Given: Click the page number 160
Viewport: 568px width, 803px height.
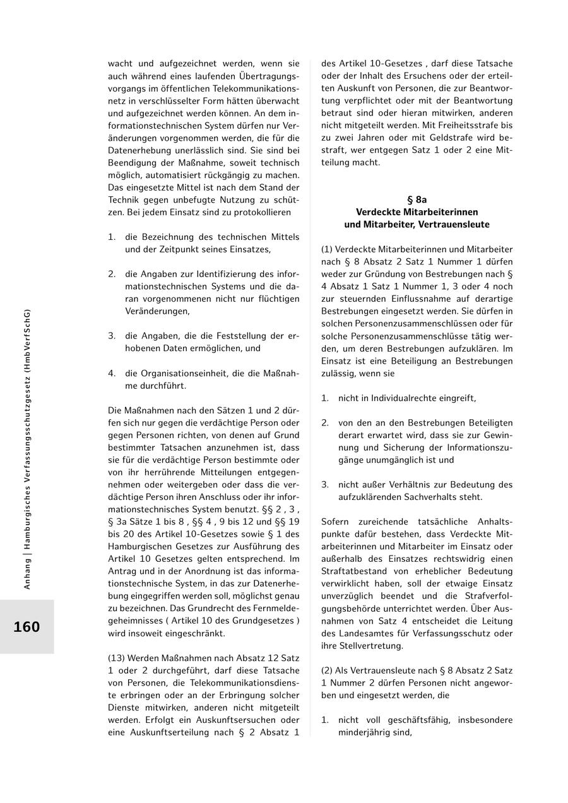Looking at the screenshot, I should [x=27, y=627].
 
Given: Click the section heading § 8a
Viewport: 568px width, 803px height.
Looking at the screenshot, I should [x=417, y=199].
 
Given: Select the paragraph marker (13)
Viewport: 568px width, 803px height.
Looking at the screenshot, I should [x=117, y=658].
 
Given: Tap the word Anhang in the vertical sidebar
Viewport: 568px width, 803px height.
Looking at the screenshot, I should [x=27, y=571].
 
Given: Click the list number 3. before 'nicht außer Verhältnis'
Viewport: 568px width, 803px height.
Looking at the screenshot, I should [x=325, y=485].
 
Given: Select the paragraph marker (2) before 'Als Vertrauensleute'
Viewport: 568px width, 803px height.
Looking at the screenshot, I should [x=327, y=670].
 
